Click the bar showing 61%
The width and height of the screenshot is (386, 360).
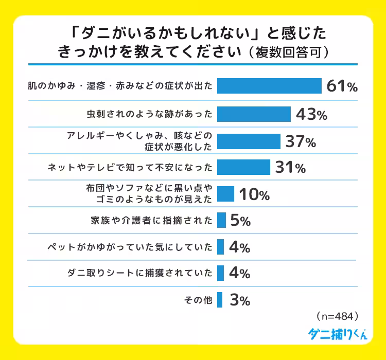(x=269, y=86)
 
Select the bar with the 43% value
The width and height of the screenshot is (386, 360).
(x=254, y=113)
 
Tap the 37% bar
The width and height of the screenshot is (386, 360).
(x=249, y=141)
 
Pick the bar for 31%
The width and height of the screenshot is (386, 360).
(x=243, y=167)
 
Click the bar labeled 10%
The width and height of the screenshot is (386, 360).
(x=225, y=194)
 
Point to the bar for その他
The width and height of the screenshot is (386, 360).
(x=220, y=300)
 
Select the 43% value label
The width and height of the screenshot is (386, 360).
(x=311, y=114)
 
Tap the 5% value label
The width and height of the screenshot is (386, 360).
(x=240, y=221)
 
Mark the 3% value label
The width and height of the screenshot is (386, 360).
(x=240, y=300)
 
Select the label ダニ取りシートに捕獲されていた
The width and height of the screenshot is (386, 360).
(x=139, y=274)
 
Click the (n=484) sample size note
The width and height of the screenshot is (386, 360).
(x=336, y=314)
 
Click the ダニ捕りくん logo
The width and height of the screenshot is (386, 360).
(x=338, y=333)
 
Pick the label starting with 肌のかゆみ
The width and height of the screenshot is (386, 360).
(x=119, y=86)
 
